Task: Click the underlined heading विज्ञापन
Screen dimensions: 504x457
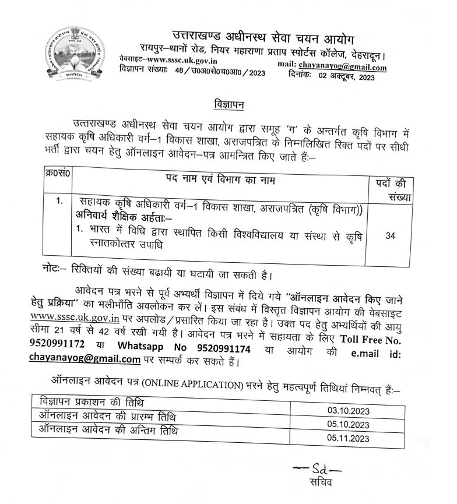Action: click(x=227, y=105)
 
